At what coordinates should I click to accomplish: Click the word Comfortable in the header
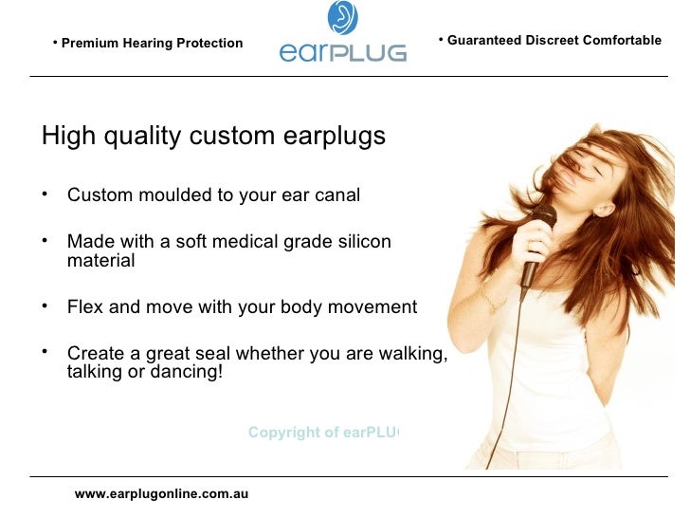tap(622, 41)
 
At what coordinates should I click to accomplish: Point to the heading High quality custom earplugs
tap(213, 137)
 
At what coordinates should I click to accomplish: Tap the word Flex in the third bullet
tap(84, 307)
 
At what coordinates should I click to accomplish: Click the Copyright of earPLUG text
tap(323, 433)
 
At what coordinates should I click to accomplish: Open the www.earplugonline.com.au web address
tap(161, 494)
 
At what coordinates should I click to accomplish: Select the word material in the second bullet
tap(100, 260)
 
